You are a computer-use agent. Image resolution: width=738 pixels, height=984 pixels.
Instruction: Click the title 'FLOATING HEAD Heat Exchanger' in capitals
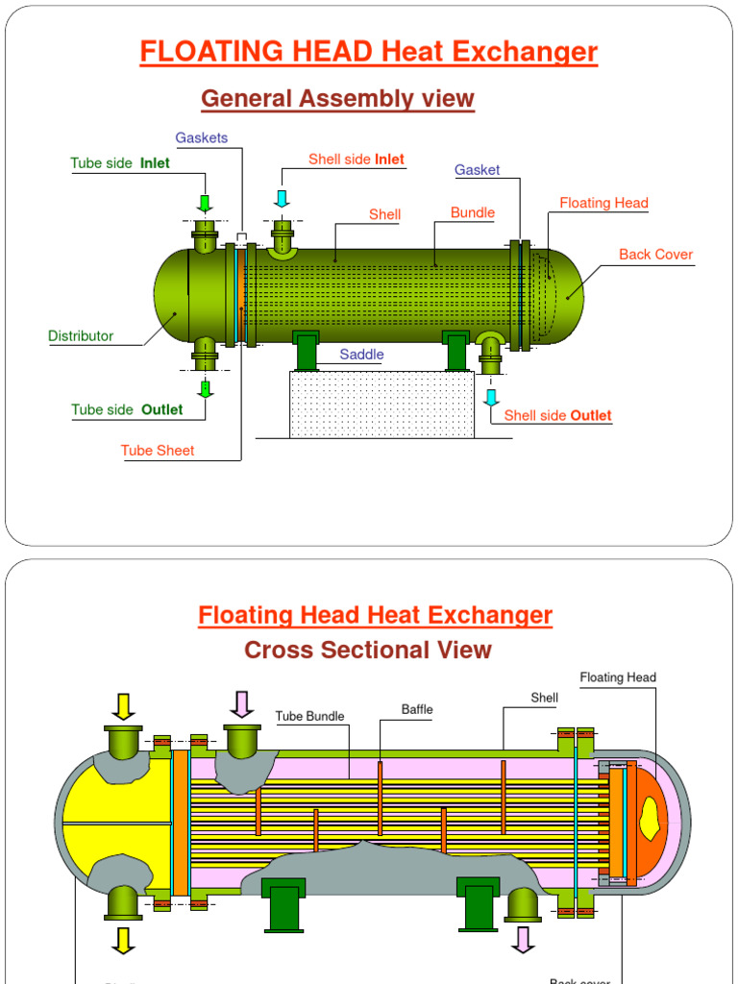coord(369,52)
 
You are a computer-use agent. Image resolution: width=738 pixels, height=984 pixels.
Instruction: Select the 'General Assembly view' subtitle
coord(337,98)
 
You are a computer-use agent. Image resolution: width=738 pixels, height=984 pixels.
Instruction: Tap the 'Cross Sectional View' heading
coord(368,651)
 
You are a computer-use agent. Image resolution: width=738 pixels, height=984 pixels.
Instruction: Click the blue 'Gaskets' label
coord(202,137)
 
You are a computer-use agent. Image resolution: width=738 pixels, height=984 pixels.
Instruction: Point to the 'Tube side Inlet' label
coord(120,163)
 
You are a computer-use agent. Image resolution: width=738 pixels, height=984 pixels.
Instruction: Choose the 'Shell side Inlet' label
coord(357,160)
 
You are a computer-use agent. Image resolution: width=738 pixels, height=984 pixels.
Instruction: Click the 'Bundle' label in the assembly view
coord(473,212)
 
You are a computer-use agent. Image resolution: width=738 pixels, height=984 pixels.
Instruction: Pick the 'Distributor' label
coord(81,336)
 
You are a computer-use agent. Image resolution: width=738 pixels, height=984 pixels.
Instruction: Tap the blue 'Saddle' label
coord(361,355)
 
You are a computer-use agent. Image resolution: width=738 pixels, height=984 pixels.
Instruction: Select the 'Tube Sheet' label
coord(158,451)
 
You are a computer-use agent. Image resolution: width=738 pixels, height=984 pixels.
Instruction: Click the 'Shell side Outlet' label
coord(557,416)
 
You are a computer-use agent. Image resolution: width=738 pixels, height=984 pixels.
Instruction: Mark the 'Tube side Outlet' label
coord(127,410)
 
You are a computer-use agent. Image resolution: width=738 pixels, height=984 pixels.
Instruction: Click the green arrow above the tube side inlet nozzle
coord(205,203)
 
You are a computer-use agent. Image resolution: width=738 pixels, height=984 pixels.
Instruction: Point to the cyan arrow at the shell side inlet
coord(282,199)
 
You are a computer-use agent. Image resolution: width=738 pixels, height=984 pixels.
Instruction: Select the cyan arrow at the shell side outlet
coord(491,397)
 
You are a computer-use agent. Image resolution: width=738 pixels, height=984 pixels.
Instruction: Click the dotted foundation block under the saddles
coord(381,405)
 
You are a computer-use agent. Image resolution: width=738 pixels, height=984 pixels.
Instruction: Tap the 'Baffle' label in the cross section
coord(417,710)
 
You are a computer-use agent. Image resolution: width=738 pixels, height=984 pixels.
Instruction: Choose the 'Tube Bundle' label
coord(309,716)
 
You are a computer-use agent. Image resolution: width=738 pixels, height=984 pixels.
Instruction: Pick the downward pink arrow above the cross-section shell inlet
coord(241,704)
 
